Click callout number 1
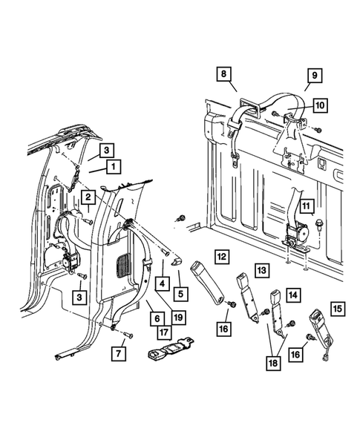pos(114,167)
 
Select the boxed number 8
pos(224,74)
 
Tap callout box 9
pos(315,76)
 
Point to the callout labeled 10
pos(320,105)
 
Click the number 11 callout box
pos(306,206)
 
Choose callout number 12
pos(222,257)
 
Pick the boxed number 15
pos(338,309)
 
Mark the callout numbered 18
pos(274,363)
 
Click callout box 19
pos(178,317)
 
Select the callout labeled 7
pos(119,354)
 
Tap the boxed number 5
pos(180,294)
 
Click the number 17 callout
pos(165,332)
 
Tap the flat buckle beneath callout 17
pos(171,349)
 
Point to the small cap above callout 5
pos(176,262)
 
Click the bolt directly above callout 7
pos(128,335)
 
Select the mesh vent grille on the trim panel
pos(123,265)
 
